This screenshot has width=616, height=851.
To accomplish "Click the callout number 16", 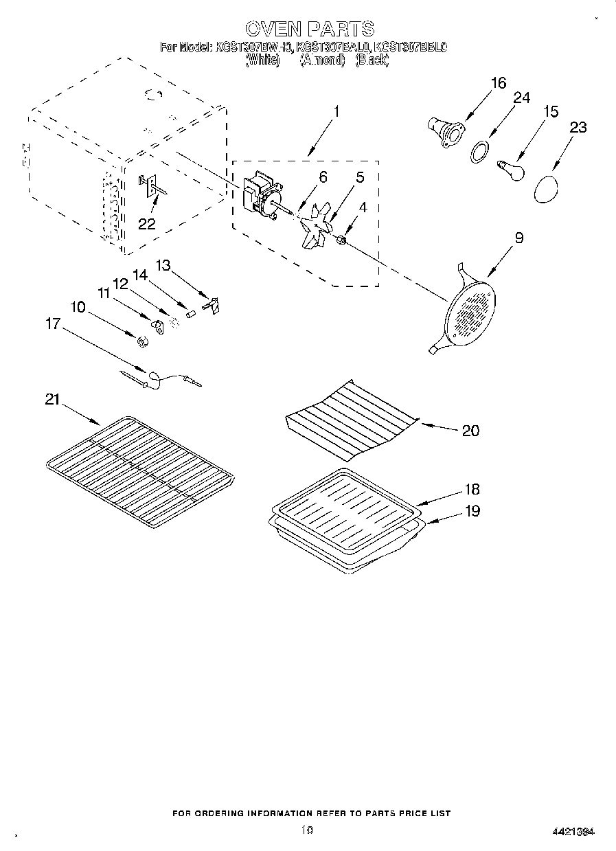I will [x=498, y=83].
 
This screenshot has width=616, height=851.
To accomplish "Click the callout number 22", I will [x=146, y=223].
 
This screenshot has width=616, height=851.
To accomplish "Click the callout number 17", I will [x=53, y=324].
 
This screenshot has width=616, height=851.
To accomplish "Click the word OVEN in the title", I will [x=273, y=28].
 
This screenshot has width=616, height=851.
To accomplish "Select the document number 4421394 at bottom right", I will [x=572, y=832].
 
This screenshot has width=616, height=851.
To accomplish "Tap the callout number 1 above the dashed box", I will [x=336, y=111].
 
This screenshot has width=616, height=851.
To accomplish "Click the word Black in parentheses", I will [x=372, y=60].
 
